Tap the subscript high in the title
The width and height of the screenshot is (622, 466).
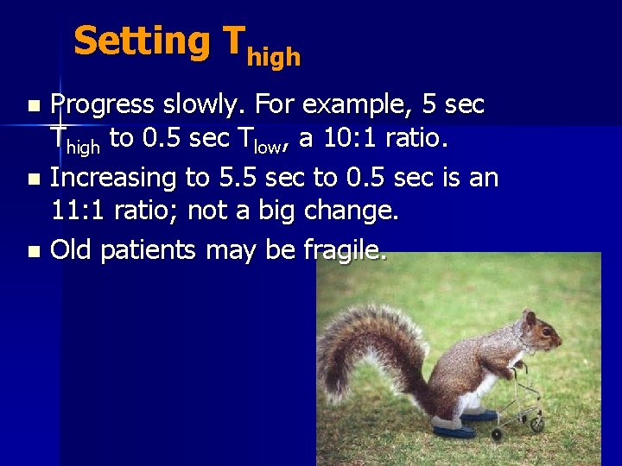274,57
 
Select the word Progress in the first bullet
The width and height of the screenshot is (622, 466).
102,105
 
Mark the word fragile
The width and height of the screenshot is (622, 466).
346,250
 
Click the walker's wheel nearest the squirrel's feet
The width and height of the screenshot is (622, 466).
536,425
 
